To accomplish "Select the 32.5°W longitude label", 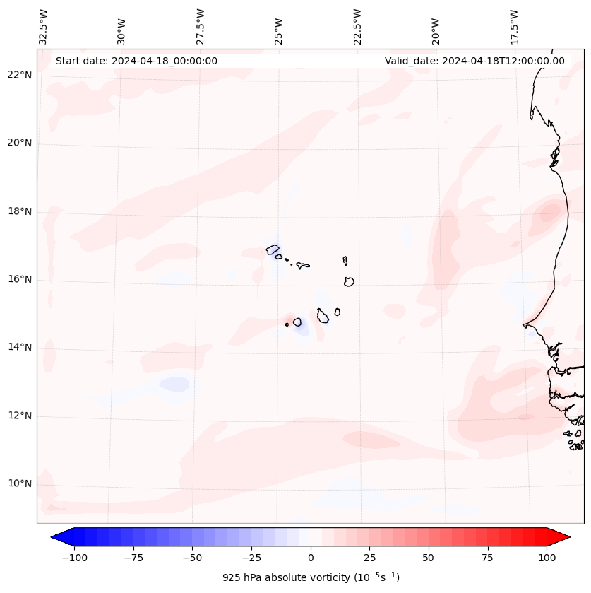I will pyautogui.click(x=44, y=27).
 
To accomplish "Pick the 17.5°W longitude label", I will pyautogui.click(x=514, y=27).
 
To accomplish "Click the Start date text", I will pyautogui.click(x=136, y=61).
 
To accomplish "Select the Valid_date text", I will pyautogui.click(x=474, y=61).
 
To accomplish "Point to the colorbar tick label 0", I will pyautogui.click(x=311, y=558).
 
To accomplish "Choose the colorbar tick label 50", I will pyautogui.click(x=429, y=558).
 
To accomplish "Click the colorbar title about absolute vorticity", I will pyautogui.click(x=311, y=577).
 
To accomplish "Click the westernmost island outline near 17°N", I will pyautogui.click(x=273, y=249).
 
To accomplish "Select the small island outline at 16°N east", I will pyautogui.click(x=349, y=281).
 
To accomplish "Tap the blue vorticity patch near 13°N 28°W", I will pyautogui.click(x=174, y=384).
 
